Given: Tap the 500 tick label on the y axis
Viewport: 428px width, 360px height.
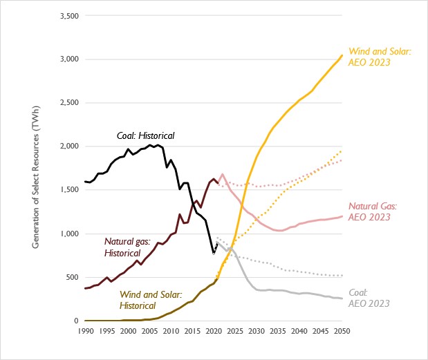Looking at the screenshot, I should [x=70, y=277].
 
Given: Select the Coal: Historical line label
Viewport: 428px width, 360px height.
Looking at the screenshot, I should [x=145, y=135].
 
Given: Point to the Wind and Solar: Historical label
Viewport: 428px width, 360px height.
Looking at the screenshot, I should [x=149, y=299].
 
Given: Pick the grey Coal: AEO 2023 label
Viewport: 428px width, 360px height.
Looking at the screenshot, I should [x=370, y=298].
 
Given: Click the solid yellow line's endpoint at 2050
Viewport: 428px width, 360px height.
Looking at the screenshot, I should [x=342, y=55].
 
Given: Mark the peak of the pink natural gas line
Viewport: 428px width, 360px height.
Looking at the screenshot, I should [x=223, y=174].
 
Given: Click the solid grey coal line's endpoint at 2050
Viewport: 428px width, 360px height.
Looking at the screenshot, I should [x=342, y=299].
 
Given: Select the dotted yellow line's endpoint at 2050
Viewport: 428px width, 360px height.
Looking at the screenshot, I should [x=342, y=151].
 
